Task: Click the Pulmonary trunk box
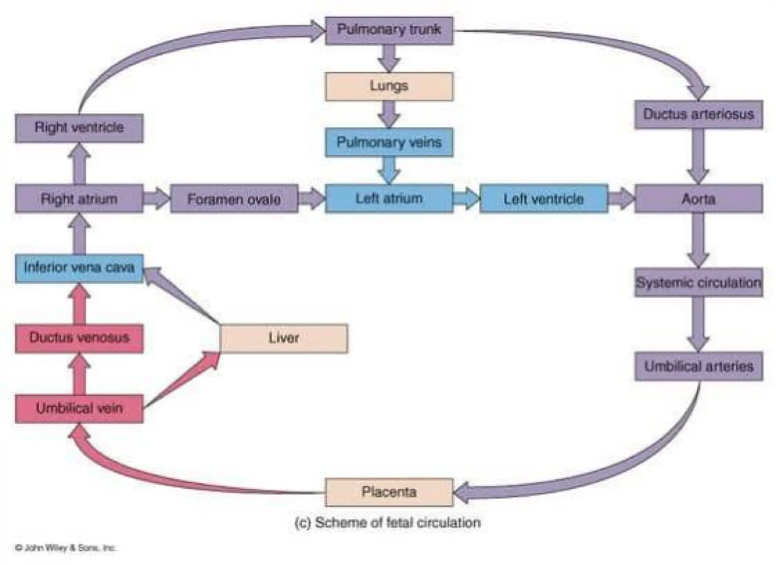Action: click(x=389, y=30)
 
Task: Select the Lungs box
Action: click(x=389, y=86)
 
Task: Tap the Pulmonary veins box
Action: click(x=389, y=142)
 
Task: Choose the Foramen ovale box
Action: click(x=234, y=199)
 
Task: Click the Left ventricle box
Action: click(x=544, y=199)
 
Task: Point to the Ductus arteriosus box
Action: click(x=699, y=114)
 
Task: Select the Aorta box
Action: click(x=699, y=199)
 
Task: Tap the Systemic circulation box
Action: click(x=699, y=282)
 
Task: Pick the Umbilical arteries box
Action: click(x=699, y=366)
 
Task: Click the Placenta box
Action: click(x=389, y=492)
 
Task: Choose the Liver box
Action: click(x=283, y=338)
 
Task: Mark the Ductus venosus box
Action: click(x=79, y=338)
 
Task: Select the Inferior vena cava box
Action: click(x=79, y=268)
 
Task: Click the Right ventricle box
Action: click(x=79, y=128)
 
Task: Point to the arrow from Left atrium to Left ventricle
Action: click(x=466, y=198)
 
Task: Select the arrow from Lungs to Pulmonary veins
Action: click(x=389, y=114)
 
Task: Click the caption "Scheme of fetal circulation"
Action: click(x=388, y=523)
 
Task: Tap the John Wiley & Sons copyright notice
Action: click(x=65, y=548)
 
